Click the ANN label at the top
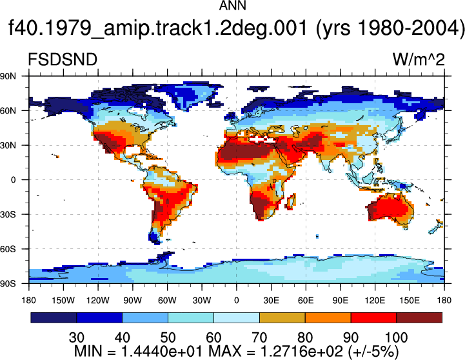click(x=232, y=5)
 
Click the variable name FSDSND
click(x=63, y=59)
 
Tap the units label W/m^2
click(x=419, y=59)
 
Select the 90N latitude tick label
click(x=8, y=76)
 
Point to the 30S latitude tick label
click(x=8, y=214)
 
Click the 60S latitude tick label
click(x=8, y=249)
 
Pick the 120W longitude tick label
click(x=98, y=301)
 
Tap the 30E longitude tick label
click(x=271, y=301)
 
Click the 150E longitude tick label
click(x=410, y=301)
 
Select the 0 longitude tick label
click(x=236, y=301)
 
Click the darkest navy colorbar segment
click(x=54, y=317)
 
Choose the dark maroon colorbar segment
click(x=419, y=317)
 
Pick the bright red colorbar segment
click(x=373, y=317)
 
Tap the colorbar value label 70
click(x=259, y=337)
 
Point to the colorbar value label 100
click(x=396, y=337)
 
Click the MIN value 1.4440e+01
click(x=162, y=352)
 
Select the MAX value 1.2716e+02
click(x=302, y=352)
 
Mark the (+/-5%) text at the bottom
click(x=373, y=352)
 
